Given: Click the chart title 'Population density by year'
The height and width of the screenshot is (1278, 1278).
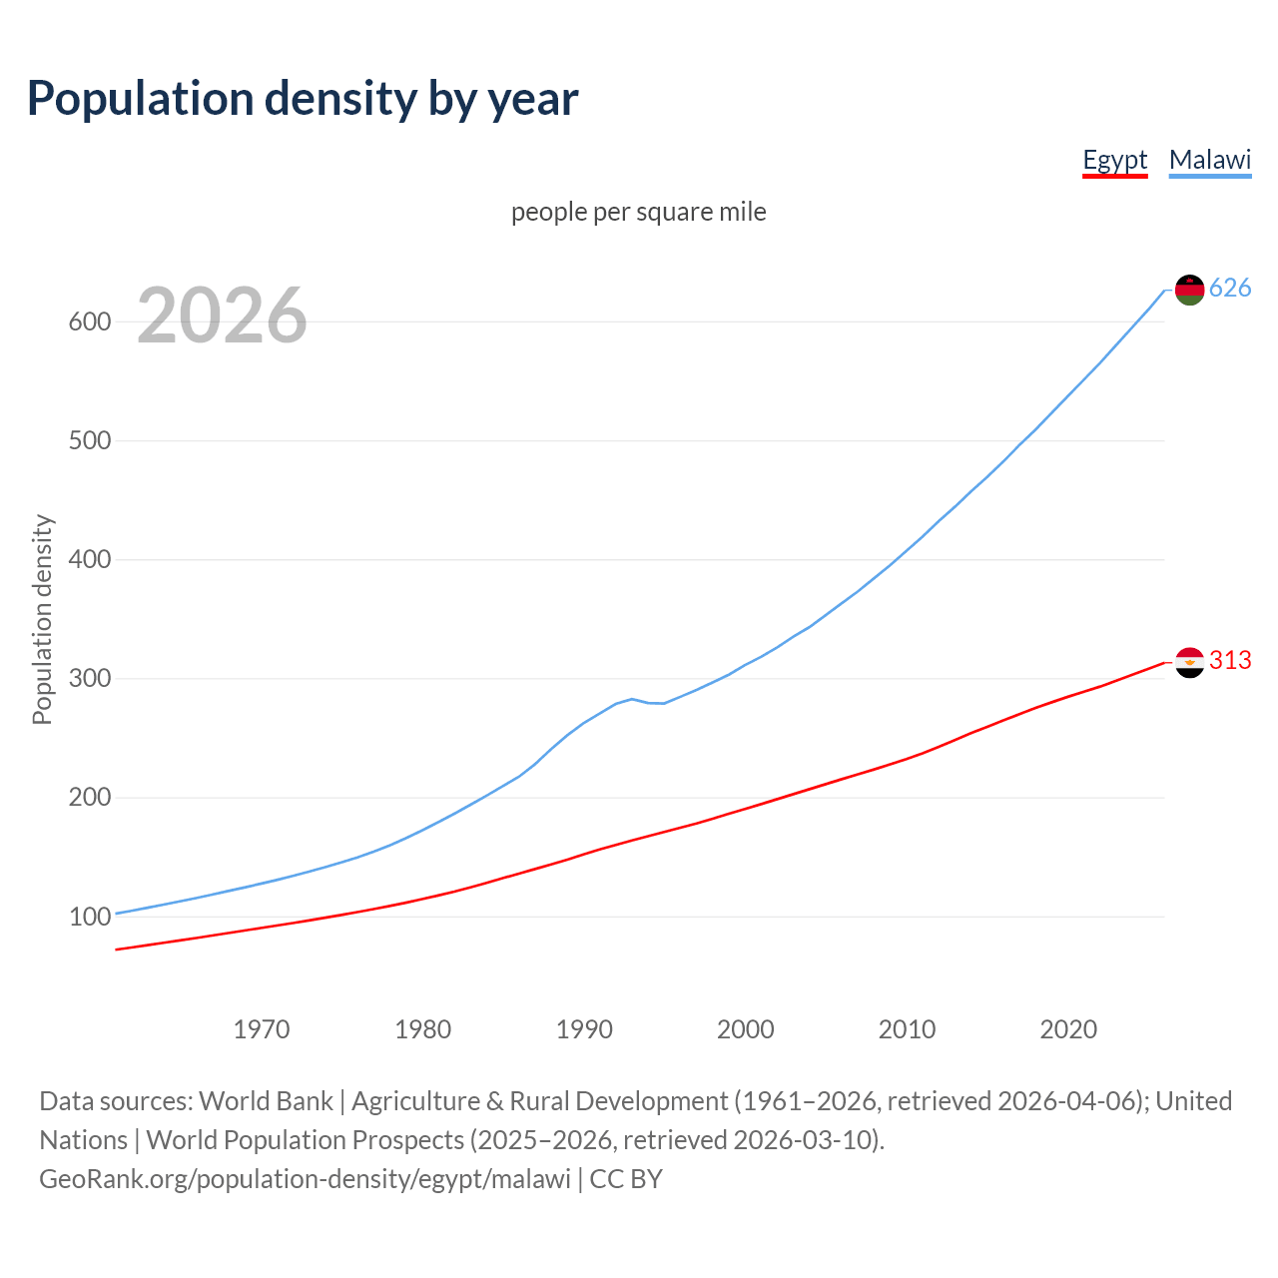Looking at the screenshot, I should (x=303, y=99).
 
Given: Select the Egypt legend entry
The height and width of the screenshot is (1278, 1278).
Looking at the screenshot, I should (x=1114, y=160).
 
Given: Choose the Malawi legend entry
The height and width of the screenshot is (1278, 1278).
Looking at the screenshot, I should (x=1209, y=160).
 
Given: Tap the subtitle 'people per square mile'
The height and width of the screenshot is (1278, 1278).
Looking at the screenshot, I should (x=638, y=212).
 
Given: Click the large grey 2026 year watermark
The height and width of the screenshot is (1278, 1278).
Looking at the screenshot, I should (x=222, y=316).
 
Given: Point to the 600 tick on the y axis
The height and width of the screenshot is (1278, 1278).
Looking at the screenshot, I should (x=89, y=321).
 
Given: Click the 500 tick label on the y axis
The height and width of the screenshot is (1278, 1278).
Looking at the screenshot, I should (x=89, y=440).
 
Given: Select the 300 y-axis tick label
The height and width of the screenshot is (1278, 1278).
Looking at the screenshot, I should (x=89, y=679).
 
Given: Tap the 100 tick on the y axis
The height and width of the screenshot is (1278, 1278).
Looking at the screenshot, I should (x=89, y=917).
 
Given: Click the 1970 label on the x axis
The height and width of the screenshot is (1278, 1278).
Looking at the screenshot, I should (x=262, y=1029).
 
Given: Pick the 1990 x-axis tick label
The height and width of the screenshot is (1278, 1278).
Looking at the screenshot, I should (x=584, y=1029).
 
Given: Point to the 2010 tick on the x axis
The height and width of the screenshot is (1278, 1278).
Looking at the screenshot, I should (x=907, y=1029).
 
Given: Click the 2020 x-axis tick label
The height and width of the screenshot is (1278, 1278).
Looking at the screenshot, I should (x=1068, y=1029).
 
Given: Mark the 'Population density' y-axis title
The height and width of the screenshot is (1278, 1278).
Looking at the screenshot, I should (x=42, y=619).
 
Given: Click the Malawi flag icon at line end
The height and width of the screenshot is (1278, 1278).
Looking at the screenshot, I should (x=1189, y=290).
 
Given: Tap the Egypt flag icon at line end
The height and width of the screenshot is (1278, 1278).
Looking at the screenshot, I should (x=1189, y=661).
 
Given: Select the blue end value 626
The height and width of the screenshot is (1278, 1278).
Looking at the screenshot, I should (x=1230, y=289).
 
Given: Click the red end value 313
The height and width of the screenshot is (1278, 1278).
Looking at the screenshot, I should (x=1230, y=661).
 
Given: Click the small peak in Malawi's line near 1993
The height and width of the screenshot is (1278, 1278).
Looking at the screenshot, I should (x=632, y=699).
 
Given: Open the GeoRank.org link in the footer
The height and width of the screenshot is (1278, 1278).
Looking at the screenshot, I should (x=305, y=1179).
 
